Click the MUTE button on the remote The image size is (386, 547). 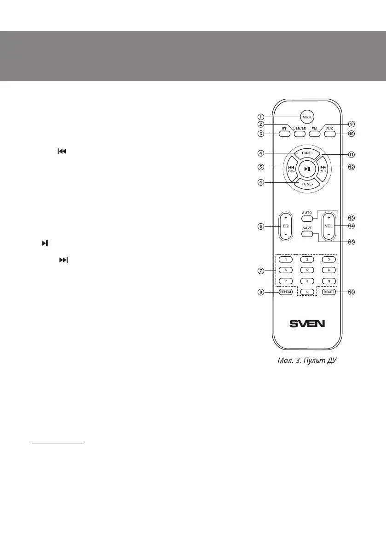(307, 116)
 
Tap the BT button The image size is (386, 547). (284, 134)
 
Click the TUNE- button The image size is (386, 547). (307, 184)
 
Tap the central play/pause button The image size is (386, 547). (307, 169)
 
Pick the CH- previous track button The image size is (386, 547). (291, 169)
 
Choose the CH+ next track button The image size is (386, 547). (323, 169)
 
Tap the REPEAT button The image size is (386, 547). (286, 292)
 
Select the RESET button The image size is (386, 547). (329, 292)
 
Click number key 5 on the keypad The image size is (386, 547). (307, 271)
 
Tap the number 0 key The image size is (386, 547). (307, 292)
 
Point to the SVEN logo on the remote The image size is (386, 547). (307, 323)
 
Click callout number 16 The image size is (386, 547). (351, 292)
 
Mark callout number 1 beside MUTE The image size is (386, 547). (261, 116)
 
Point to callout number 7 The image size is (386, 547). (261, 271)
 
